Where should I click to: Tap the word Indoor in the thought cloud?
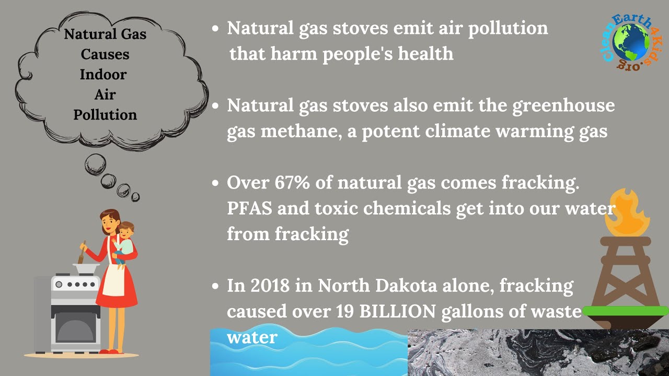tap(103, 75)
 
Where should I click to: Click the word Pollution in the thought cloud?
tap(105, 114)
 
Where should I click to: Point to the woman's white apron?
tap(113, 282)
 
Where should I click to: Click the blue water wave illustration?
tap(308, 355)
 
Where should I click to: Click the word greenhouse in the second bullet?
tap(563, 106)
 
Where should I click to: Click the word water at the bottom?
tap(251, 337)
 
